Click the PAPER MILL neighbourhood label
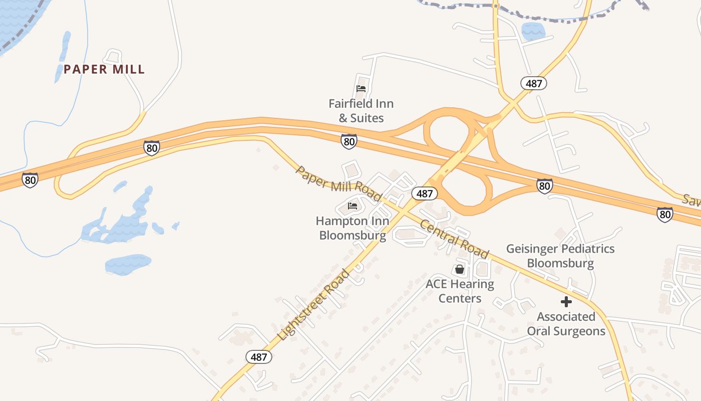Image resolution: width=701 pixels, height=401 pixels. coord(104,69)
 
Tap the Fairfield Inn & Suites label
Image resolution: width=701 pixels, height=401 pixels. coord(361,111)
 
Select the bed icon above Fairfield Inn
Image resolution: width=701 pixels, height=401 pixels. coord(361,89)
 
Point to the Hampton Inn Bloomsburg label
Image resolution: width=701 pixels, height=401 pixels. coord(353,228)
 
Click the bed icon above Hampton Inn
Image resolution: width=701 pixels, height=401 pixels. coord(353,206)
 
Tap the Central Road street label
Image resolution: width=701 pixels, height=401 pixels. coord(454,239)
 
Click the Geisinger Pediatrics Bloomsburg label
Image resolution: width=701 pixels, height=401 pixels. coord(560,256)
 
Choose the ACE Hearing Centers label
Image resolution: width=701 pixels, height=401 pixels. coord(460,291)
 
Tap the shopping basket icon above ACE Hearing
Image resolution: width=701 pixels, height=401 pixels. coord(460,270)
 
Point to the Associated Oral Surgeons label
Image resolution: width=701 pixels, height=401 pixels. coord(566,324)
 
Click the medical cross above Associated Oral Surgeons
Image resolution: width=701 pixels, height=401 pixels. coord(566,302)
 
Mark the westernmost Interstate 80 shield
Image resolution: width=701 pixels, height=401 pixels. coord(30,180)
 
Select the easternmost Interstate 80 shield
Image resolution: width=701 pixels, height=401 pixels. coord(665,215)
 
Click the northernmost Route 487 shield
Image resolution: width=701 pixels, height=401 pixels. coord(533,83)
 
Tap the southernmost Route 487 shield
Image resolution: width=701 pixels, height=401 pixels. coord(259,357)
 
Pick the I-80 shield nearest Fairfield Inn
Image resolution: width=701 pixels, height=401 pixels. coord(349,141)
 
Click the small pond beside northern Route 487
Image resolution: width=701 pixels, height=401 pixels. coord(533,31)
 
